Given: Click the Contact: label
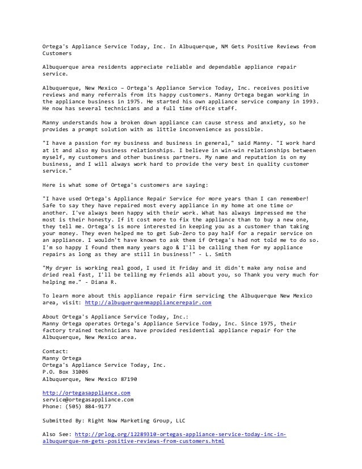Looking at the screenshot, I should coord(56,351).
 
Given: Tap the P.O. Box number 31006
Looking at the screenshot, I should coord(77,372).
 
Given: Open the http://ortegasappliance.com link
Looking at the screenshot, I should coord(86,392).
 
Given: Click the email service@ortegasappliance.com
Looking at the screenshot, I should coord(88,399).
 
